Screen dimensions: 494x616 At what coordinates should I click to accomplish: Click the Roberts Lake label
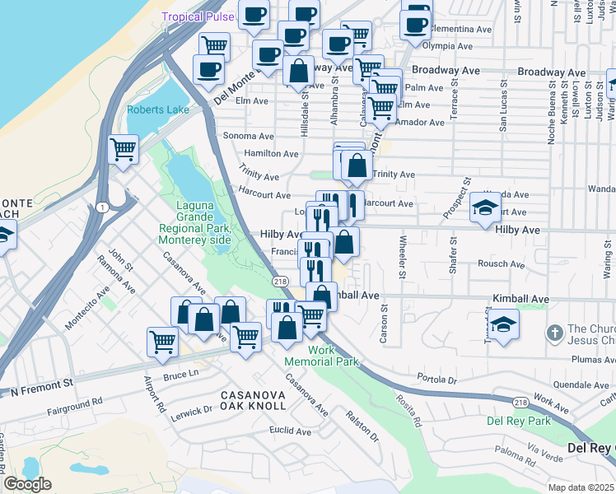(x=157, y=110)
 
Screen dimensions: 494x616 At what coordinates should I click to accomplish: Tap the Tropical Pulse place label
(x=198, y=16)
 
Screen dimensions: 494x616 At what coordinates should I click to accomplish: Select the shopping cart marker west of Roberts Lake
(x=123, y=151)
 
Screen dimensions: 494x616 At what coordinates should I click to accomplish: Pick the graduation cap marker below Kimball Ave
(x=502, y=325)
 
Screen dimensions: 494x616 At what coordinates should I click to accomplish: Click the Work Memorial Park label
(x=321, y=356)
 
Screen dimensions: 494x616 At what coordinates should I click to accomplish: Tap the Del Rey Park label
(x=518, y=420)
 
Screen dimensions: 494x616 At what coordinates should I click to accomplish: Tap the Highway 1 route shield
(x=100, y=206)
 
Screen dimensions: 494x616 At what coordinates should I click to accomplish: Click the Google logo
(x=27, y=484)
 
